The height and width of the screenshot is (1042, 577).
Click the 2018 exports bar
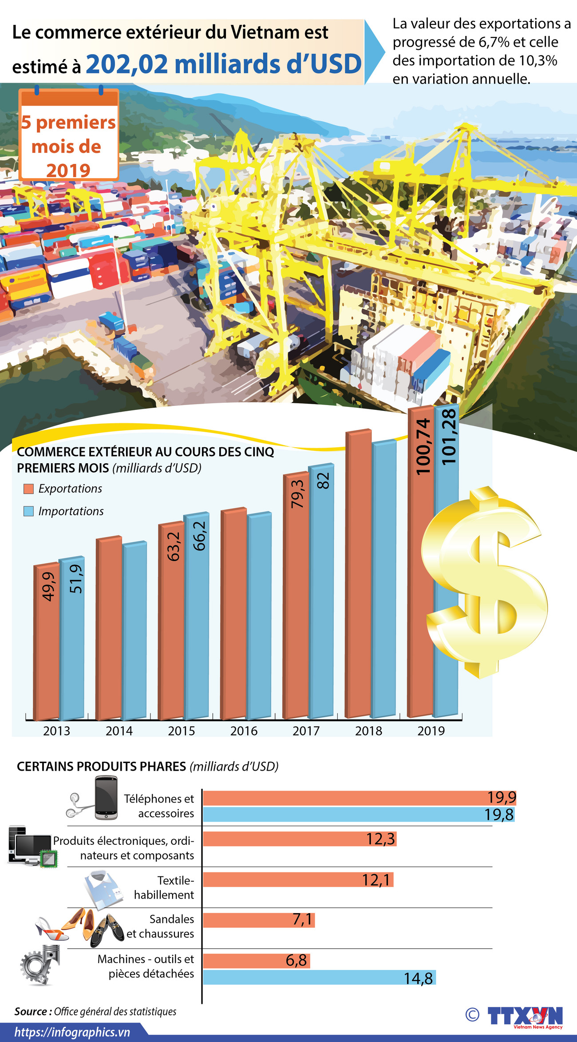(358, 577)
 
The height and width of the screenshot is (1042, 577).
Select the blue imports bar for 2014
(134, 631)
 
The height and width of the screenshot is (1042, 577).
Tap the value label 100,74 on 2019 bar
(423, 446)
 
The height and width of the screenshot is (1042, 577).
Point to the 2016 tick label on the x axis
(244, 731)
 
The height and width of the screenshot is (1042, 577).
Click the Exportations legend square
(28, 489)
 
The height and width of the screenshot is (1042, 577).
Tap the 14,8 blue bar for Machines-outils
(320, 978)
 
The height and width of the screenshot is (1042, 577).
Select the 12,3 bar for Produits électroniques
(300, 839)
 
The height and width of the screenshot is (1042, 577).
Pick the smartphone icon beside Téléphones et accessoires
(106, 798)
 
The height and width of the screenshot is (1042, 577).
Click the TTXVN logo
(525, 1017)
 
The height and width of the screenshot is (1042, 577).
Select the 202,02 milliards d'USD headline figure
(224, 64)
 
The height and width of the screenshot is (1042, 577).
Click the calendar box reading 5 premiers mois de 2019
(69, 135)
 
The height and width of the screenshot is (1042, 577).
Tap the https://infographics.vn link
(72, 1032)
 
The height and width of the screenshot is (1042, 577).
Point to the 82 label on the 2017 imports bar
(323, 481)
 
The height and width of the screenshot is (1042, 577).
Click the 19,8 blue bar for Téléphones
(359, 815)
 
